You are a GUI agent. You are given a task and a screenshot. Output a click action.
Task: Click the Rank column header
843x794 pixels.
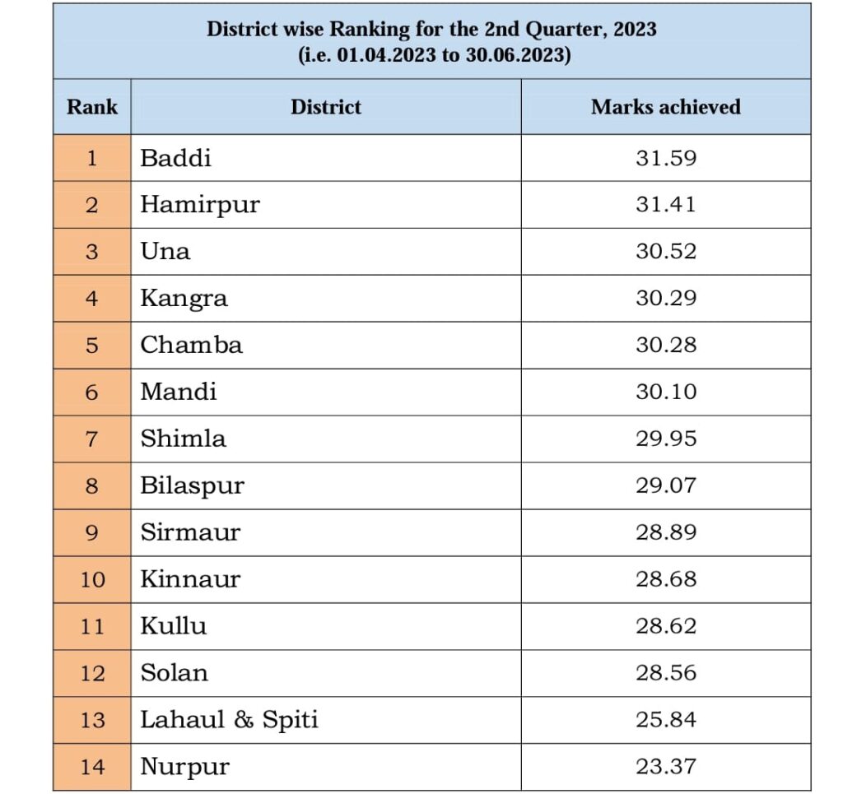[92, 107]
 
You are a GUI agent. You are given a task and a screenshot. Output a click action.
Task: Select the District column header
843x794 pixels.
[326, 107]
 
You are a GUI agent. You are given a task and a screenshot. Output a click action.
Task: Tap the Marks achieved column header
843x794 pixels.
[665, 107]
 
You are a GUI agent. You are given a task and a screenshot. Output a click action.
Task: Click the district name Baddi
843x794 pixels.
[175, 158]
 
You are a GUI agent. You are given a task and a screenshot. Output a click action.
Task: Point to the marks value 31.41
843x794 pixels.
[665, 205]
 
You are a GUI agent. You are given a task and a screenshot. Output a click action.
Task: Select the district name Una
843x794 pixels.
[165, 252]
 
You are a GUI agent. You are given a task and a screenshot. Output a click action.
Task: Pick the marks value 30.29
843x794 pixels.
[665, 299]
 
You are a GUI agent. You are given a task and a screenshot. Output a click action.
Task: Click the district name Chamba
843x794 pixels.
[191, 345]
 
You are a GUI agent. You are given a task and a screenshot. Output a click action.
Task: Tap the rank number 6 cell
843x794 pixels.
[92, 392]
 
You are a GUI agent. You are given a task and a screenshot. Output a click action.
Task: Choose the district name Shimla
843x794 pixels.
[183, 439]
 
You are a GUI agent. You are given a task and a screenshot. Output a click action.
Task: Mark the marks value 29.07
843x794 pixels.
[665, 485]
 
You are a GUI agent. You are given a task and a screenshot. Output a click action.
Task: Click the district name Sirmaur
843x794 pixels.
[190, 532]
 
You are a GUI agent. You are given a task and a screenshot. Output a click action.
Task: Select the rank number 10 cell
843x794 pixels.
[92, 579]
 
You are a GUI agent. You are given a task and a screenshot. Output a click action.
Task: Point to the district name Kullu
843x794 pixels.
[174, 626]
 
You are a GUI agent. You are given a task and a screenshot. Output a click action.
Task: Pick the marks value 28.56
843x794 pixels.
[665, 673]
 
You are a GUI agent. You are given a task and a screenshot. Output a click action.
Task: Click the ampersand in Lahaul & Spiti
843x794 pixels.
[243, 720]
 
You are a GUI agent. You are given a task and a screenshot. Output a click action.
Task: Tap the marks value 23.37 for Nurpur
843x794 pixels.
[665, 767]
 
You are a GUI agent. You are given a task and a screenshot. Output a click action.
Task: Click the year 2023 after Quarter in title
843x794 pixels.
[631, 30]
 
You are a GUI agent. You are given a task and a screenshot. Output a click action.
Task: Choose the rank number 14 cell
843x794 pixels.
[92, 767]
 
